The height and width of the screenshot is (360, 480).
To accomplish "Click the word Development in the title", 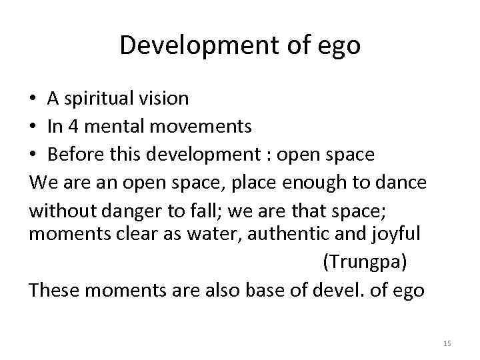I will pyautogui.click(x=185, y=45).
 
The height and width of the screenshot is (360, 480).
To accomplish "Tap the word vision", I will pyautogui.click(x=166, y=99).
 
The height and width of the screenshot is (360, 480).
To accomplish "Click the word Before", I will pyautogui.click(x=73, y=154).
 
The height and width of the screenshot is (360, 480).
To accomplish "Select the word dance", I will pyautogui.click(x=403, y=182).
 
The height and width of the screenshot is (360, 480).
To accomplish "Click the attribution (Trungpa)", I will pyautogui.click(x=364, y=262).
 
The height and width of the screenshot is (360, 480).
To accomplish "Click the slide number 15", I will pyautogui.click(x=447, y=343).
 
